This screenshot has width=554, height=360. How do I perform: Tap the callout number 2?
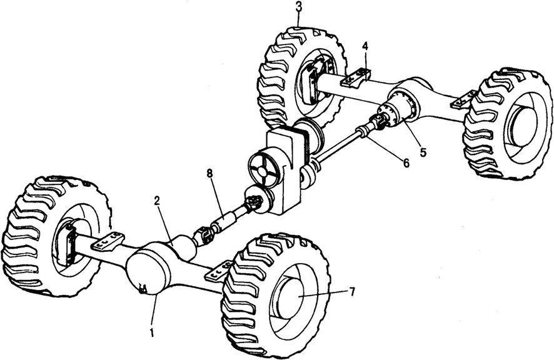click(x=158, y=201)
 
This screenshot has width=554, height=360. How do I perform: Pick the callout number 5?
click(x=423, y=151)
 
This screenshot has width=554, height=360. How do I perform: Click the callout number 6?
click(x=405, y=164)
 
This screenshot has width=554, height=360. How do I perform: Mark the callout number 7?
click(x=352, y=291)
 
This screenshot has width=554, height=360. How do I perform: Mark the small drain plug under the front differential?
click(x=143, y=288)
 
